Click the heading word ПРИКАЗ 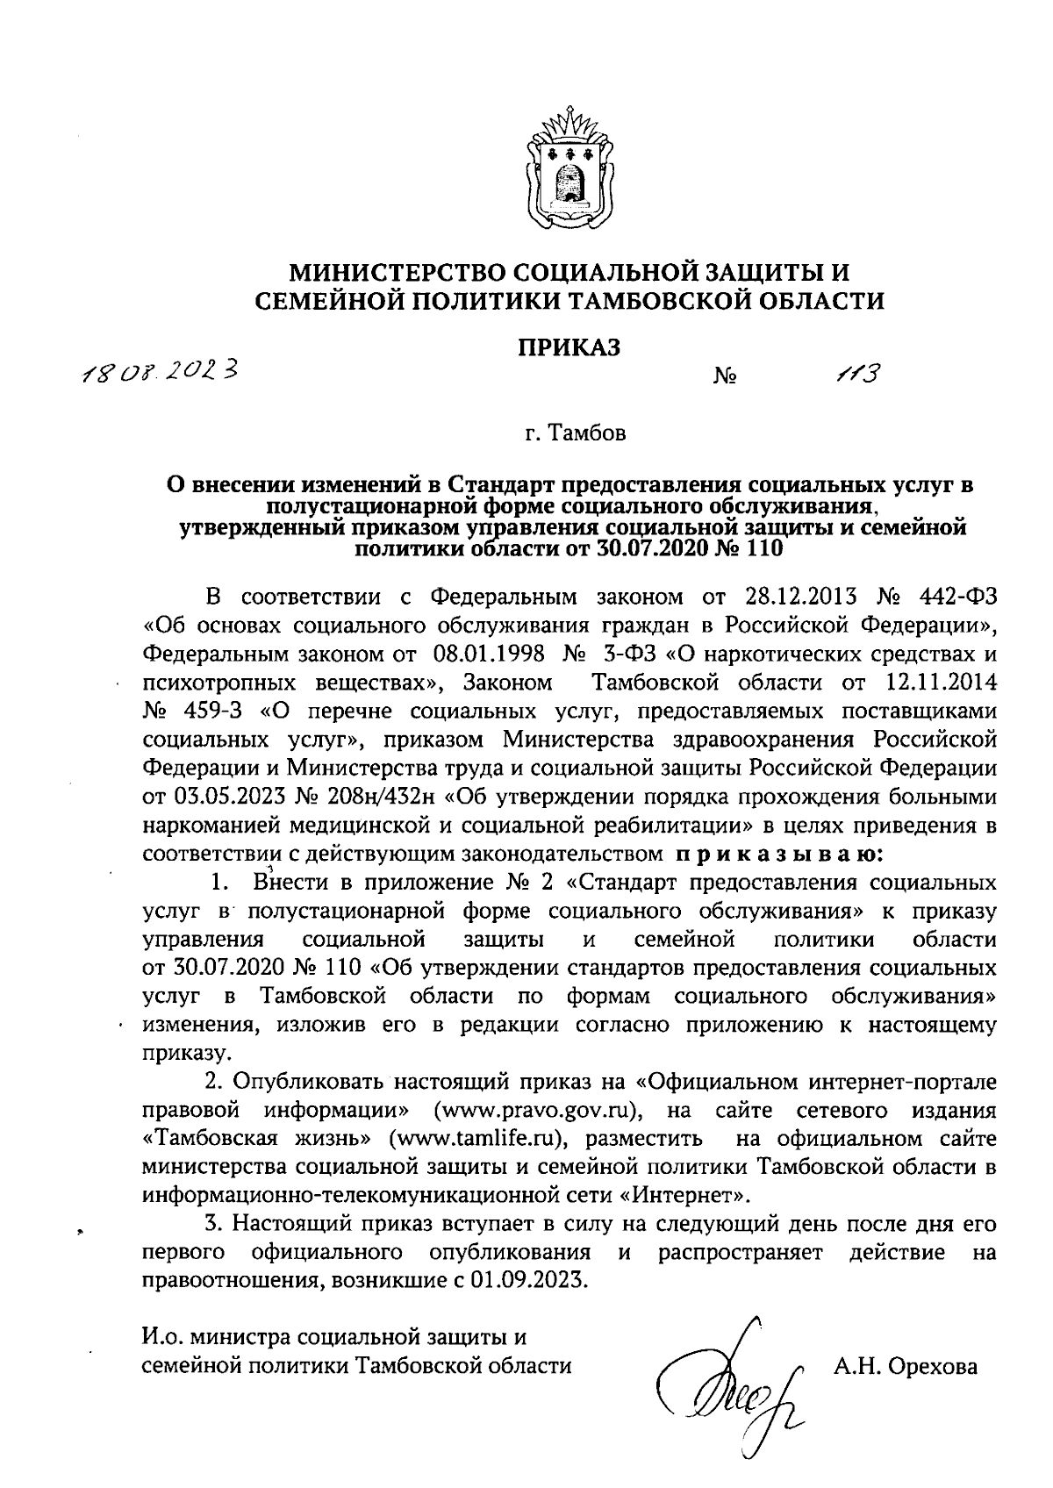[x=567, y=348]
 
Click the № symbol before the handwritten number [x=725, y=378]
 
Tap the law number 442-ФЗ [x=954, y=597]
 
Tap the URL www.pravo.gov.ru [x=541, y=1111]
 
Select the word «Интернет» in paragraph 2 [x=693, y=1195]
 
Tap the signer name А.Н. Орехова [x=903, y=1367]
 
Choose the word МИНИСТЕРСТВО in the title [x=409, y=272]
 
